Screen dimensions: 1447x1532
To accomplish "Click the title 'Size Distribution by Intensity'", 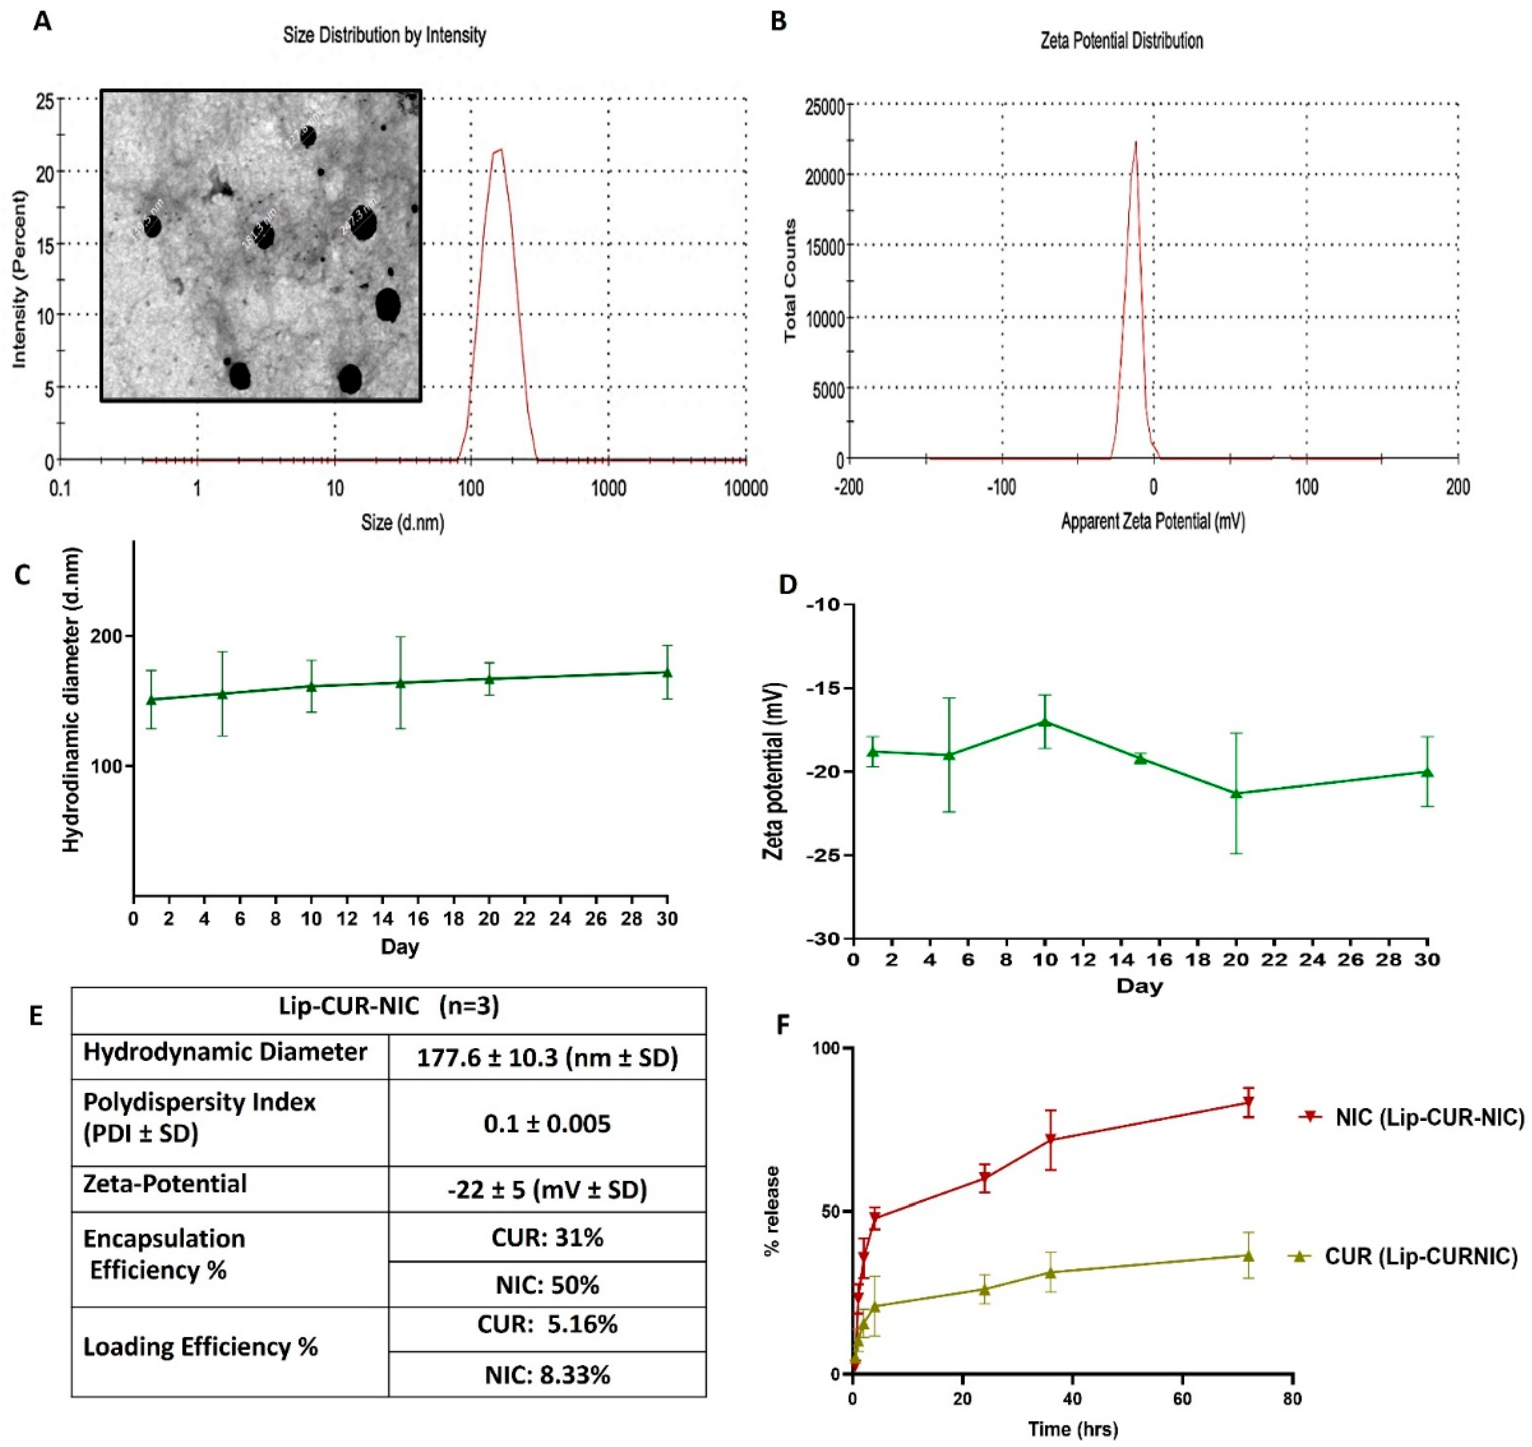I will click(384, 36).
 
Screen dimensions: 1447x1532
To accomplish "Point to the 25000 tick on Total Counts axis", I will click(823, 105).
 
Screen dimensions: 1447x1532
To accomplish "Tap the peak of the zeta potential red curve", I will click(1135, 142).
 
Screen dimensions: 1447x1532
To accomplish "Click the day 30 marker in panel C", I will click(667, 673).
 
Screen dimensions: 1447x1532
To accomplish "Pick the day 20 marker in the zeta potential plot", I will click(1236, 793).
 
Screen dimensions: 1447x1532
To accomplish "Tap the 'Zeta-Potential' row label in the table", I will click(165, 1184).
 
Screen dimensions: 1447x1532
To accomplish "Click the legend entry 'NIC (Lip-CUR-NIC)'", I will click(1429, 1116).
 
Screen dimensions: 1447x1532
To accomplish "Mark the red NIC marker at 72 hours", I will click(1247, 1102).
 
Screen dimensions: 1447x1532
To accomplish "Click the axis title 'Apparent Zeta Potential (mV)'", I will click(1152, 521).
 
